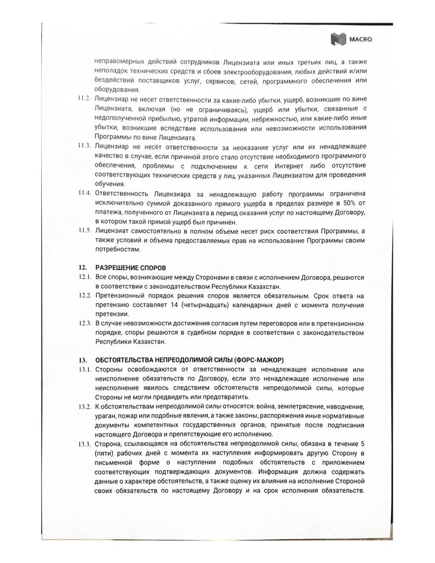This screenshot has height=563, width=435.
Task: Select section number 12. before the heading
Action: click(x=81, y=268)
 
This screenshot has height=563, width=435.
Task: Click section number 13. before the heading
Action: click(x=81, y=358)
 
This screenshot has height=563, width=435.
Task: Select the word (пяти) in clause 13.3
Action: click(x=104, y=454)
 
